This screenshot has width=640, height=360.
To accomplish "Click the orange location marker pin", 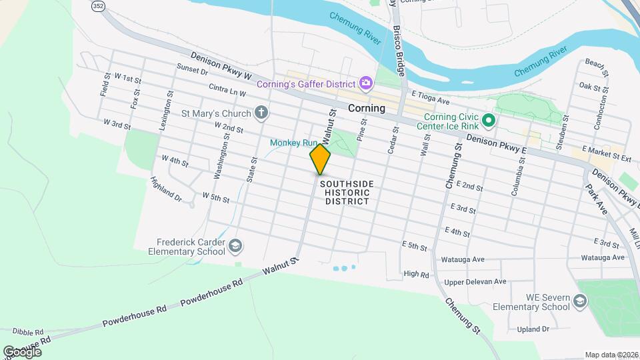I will coord(320,159).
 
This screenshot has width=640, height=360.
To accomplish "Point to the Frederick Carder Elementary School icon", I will coord(235,247).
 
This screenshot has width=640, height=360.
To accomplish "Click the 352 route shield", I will coord(98,6).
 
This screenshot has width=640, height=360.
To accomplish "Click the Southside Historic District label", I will coord(347,192).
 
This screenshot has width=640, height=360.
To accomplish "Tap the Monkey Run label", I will coord(293,143).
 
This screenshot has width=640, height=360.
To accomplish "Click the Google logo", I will coord(22,351).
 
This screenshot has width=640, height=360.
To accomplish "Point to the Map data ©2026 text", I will coord(611,355).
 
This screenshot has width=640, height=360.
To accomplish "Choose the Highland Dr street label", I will coord(166,189).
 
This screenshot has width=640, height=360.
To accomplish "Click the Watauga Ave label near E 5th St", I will coord(462,259).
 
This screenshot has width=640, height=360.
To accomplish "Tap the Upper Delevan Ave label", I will coord(475,281).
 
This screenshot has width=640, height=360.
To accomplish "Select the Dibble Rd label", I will coord(27,331).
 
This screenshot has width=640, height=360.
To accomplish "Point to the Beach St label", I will coord(597,66).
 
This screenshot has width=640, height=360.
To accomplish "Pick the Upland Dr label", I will coord(533,329).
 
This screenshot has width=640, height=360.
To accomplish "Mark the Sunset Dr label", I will coord(193,69).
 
